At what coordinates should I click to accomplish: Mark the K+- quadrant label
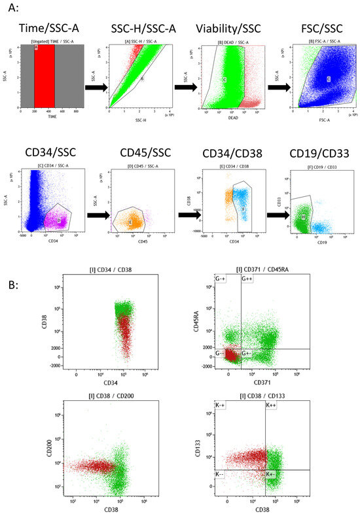(x=272, y=473)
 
